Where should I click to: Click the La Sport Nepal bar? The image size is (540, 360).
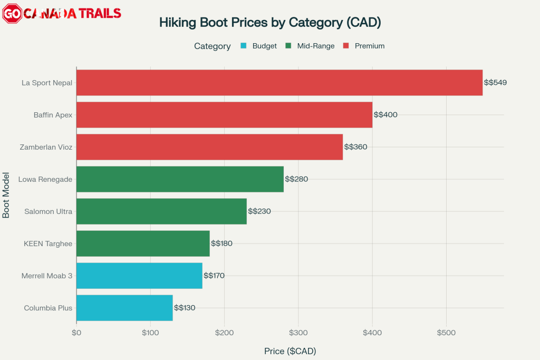[x=279, y=82]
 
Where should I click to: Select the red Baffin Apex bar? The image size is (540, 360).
[x=224, y=114]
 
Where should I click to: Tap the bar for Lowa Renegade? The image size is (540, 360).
[x=180, y=179]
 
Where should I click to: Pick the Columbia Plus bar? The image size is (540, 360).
[x=124, y=308]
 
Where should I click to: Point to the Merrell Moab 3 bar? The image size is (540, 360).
[x=139, y=276]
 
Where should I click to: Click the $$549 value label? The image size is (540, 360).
[x=495, y=83]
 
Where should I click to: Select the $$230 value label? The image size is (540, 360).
[x=259, y=211]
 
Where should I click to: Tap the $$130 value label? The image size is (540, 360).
[x=185, y=308]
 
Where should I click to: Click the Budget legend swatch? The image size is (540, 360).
[x=243, y=46]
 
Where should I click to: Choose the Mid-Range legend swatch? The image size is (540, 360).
[x=288, y=46]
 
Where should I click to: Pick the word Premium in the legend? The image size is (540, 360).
[x=369, y=46]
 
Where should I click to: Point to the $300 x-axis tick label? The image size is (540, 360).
[x=298, y=333]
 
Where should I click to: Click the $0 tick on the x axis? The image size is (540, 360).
[x=76, y=333]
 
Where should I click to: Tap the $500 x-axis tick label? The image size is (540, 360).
[x=446, y=333]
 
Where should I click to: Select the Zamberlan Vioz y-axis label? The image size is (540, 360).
[x=46, y=147]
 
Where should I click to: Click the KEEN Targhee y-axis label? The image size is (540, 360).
[x=48, y=244]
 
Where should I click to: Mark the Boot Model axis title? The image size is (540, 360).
[x=6, y=194]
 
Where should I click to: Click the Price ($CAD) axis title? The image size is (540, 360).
[x=290, y=351]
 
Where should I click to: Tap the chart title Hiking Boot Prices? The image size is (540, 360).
[x=270, y=23]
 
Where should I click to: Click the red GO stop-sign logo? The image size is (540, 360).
[x=12, y=14]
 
